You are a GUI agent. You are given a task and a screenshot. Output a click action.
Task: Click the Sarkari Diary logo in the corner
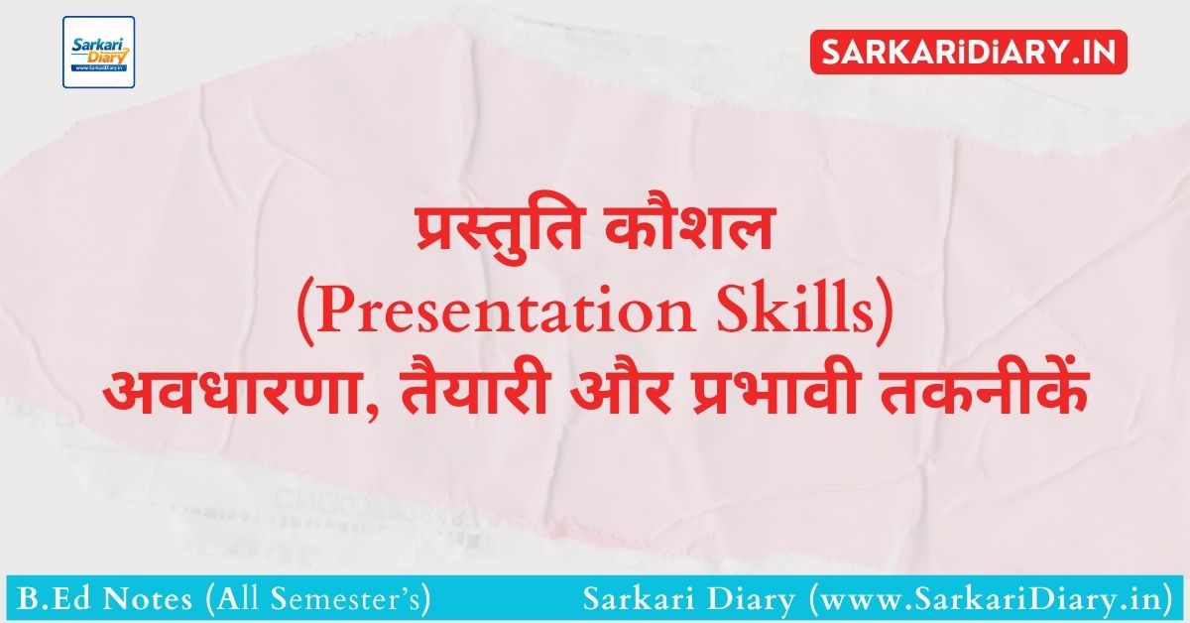click(x=99, y=53)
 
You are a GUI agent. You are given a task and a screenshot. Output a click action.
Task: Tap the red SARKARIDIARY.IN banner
click(x=969, y=52)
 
